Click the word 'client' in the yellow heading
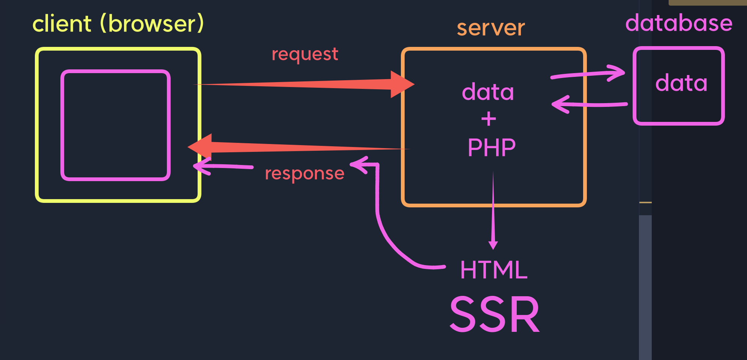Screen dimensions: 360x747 coord(62,24)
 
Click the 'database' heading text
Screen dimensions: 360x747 coord(679,23)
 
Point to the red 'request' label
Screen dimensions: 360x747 coord(304,54)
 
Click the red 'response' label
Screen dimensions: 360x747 coord(304,173)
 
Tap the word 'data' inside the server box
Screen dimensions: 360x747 coord(487,92)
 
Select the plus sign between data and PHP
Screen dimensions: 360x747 coord(488,120)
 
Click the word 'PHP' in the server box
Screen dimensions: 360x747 coord(491,148)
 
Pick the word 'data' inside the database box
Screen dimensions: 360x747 coord(681,83)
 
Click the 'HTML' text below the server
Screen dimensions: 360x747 coord(493,270)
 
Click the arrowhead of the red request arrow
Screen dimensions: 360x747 coord(401,84)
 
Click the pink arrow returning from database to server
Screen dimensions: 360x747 coord(589,104)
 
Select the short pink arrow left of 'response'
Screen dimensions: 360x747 coord(223,166)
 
